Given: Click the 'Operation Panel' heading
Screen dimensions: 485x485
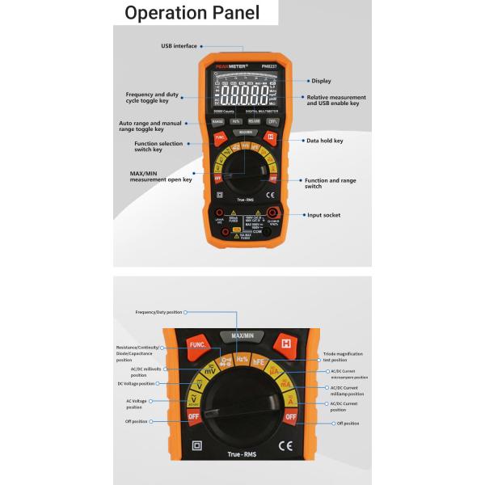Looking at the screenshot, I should pyautogui.click(x=192, y=13).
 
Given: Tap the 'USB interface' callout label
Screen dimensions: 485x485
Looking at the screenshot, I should pyautogui.click(x=179, y=46).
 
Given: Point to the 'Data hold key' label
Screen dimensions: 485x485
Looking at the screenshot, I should pyautogui.click(x=325, y=141).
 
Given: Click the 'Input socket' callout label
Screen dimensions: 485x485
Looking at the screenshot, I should pyautogui.click(x=324, y=215).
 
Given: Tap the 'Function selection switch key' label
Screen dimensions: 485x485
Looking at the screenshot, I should pyautogui.click(x=158, y=147).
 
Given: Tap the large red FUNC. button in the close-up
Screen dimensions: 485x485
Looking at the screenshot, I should pyautogui.click(x=197, y=344).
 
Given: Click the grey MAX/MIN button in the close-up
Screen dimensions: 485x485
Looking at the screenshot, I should pyautogui.click(x=242, y=335).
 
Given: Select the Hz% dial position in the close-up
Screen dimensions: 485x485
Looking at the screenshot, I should pyautogui.click(x=242, y=357).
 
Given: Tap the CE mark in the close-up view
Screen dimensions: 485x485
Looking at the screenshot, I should pyautogui.click(x=285, y=445).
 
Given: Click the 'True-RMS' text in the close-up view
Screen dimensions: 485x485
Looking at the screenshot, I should pyautogui.click(x=242, y=456).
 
